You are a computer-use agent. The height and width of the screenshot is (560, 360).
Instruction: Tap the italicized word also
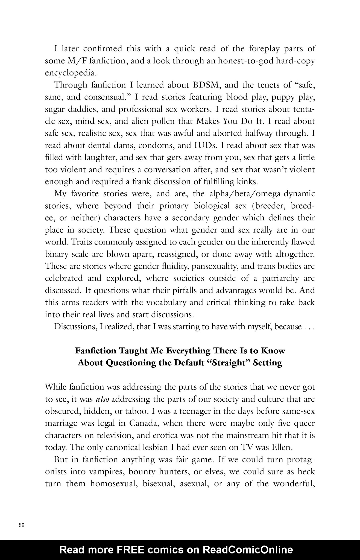coord(103,399)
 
